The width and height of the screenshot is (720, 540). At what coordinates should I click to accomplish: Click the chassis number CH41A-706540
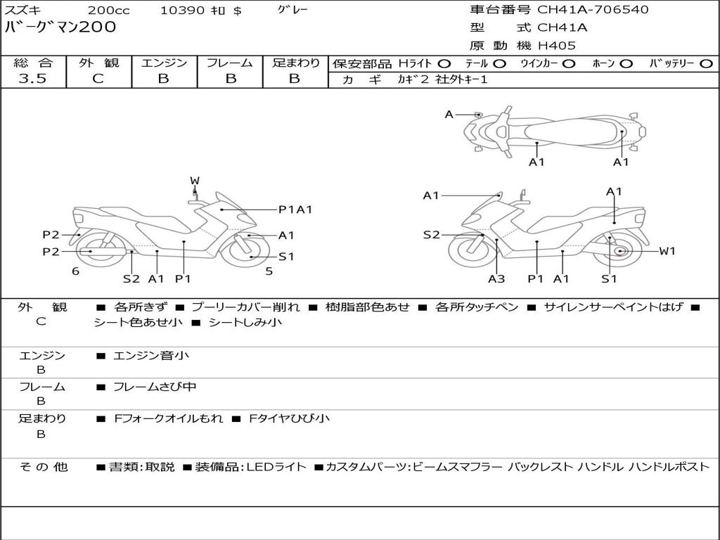(x=593, y=10)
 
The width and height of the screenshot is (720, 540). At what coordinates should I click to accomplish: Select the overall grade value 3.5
(x=32, y=79)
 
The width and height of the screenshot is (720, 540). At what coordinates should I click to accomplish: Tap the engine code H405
(x=556, y=46)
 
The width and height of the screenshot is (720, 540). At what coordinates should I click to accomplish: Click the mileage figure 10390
(x=182, y=11)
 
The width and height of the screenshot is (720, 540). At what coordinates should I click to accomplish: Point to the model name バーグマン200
(x=60, y=27)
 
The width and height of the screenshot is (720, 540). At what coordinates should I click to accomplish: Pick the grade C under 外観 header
(x=98, y=79)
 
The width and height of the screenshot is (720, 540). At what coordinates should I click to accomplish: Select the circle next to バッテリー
(x=706, y=63)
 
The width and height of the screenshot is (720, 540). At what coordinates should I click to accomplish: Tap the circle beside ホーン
(x=626, y=63)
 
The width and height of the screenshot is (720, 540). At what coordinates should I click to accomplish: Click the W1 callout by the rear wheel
(x=667, y=251)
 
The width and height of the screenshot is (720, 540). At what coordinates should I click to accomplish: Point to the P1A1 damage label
(x=295, y=209)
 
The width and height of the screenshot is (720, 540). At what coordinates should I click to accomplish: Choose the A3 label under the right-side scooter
(x=496, y=278)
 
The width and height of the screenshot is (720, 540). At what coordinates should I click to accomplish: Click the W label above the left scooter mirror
(x=195, y=181)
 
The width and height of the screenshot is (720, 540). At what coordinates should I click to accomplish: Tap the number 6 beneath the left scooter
(x=75, y=271)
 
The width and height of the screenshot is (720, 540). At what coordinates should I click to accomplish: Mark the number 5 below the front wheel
(x=269, y=271)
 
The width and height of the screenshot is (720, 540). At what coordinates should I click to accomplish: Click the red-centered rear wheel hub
(x=619, y=252)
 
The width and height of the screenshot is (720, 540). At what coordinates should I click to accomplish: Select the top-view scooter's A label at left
(x=449, y=114)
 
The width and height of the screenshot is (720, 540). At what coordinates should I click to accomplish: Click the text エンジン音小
(x=151, y=356)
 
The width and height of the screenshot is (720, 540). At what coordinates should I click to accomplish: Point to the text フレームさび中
(x=155, y=387)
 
